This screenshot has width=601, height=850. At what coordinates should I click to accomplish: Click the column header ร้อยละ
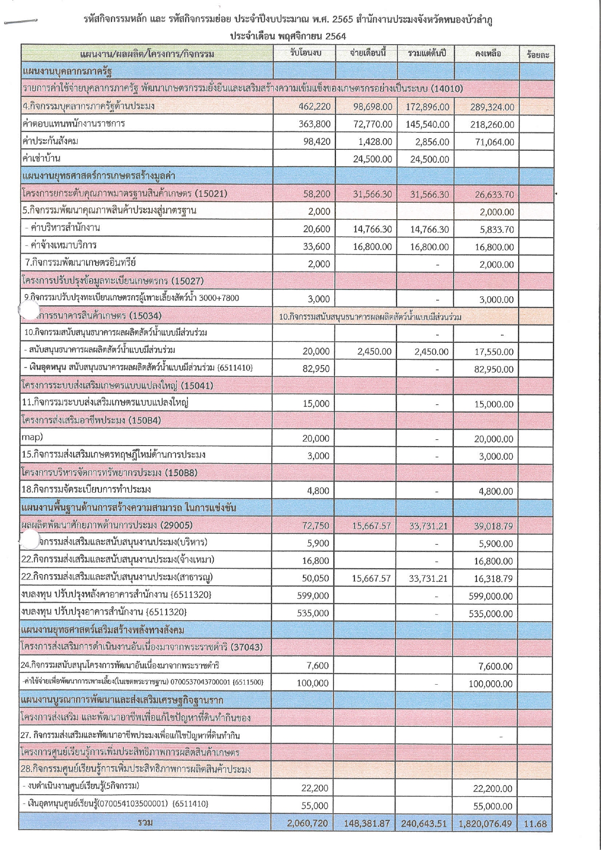[x=538, y=55]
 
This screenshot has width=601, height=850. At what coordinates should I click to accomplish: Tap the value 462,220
[x=315, y=107]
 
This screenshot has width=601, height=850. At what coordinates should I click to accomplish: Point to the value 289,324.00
[x=492, y=107]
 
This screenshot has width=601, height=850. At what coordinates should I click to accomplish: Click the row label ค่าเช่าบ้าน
[x=41, y=159]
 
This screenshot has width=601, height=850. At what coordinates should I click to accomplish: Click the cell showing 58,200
[x=317, y=194]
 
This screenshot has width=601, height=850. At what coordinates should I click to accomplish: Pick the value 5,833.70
[x=497, y=229]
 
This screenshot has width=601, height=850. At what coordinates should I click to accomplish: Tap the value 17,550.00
[x=494, y=352]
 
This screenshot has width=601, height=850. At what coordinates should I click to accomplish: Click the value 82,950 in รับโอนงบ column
[x=316, y=369]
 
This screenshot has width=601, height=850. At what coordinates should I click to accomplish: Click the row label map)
[x=32, y=437]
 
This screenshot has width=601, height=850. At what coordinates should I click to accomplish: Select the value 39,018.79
[x=493, y=526]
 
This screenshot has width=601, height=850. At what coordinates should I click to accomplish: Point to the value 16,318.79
[x=493, y=578]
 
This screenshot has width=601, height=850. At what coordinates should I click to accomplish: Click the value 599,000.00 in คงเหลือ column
[x=490, y=596]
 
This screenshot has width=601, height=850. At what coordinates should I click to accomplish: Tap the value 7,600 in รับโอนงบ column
[x=318, y=666]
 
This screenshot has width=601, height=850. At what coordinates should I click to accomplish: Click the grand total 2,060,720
[x=307, y=823]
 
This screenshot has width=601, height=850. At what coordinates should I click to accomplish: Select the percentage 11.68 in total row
[x=535, y=823]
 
